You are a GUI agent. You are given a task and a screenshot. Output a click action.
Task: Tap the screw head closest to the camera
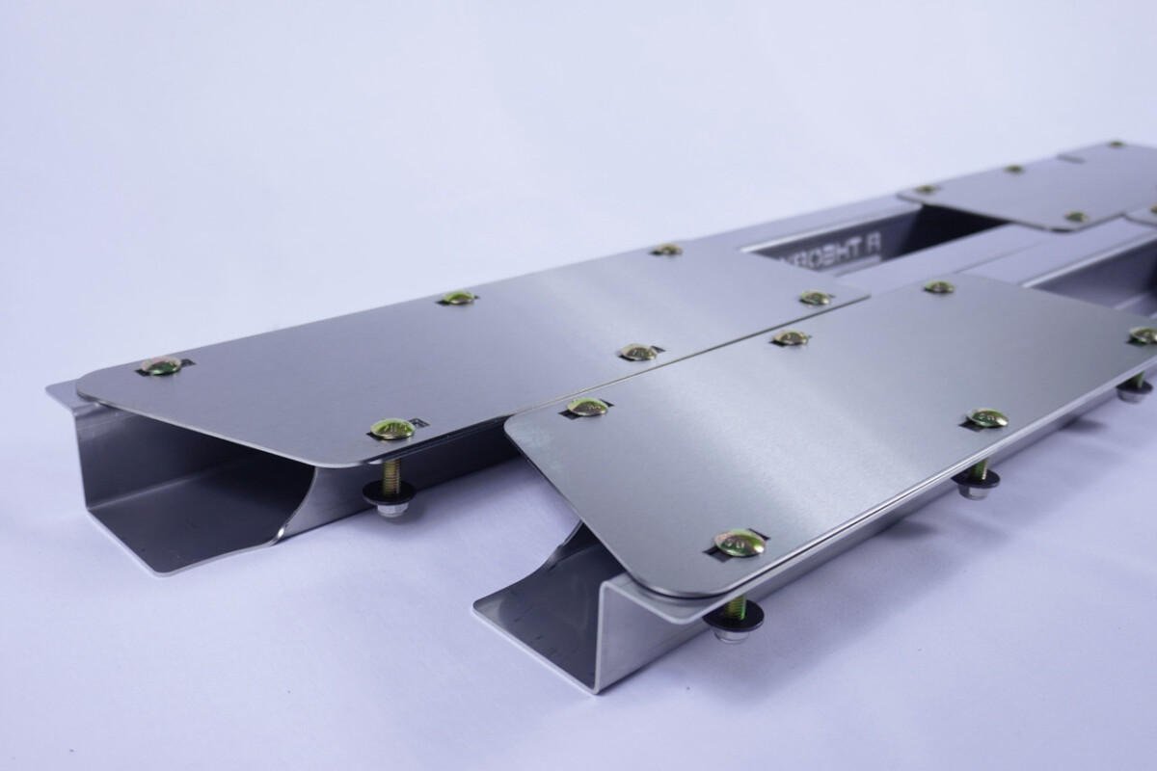pyautogui.click(x=740, y=543)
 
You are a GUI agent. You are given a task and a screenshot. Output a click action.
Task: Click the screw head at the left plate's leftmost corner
pyautogui.click(x=161, y=365)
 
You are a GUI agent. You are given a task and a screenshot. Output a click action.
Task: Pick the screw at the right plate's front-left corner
pyautogui.click(x=587, y=407)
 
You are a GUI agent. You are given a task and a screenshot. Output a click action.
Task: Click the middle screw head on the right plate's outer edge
pyautogui.click(x=987, y=417)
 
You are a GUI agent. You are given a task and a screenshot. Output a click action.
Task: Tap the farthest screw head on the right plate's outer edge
pyautogui.click(x=1143, y=334)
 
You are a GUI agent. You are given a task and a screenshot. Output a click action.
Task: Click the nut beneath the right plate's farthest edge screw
pyautogui.click(x=1134, y=391)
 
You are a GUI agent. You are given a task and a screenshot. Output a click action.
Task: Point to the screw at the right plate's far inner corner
pyautogui.click(x=938, y=286)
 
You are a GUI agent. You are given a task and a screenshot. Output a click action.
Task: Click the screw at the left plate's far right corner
pyautogui.click(x=815, y=297)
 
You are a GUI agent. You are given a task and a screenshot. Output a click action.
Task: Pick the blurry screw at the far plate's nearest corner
pyautogui.click(x=1075, y=217)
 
